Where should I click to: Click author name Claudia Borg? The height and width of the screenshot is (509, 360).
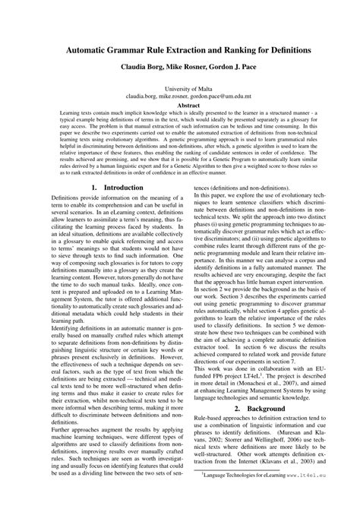coord(137,66)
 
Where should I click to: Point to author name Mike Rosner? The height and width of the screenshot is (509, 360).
coord(183,66)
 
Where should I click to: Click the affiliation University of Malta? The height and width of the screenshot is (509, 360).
coord(180,89)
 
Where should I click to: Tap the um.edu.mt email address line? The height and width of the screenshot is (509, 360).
coord(180,97)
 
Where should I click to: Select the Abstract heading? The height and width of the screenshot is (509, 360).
coord(180,106)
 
